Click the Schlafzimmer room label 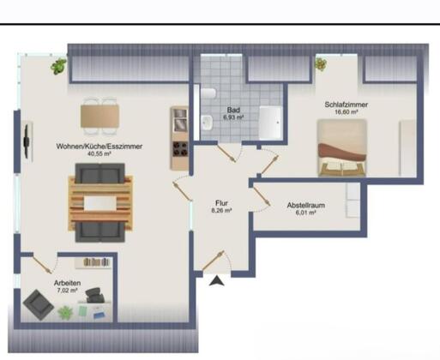coord(346,105)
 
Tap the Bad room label coord(233,110)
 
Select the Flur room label coord(221,203)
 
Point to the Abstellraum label coord(306,205)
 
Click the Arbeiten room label coord(67,283)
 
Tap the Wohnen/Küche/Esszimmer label coord(99,147)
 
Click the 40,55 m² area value coord(99,153)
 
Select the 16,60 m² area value coord(347,112)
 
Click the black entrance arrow coord(217,280)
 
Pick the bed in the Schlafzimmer coord(342,147)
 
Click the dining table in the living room coord(99,117)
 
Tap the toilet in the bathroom coord(208,93)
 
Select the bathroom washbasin coord(207,123)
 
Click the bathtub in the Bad coord(270,123)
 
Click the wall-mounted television coord(27,141)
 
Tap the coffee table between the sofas coord(100,203)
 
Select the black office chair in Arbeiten coord(94,296)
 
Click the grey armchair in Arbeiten coord(39,304)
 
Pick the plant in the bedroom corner coord(321,63)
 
